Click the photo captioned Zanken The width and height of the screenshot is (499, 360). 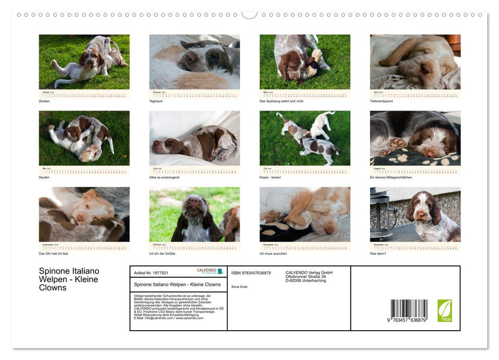(x=84, y=62)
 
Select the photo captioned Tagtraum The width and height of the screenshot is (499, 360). (x=194, y=62)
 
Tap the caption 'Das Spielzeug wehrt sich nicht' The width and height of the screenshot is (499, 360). (x=282, y=101)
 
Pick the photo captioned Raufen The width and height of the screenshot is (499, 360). (x=84, y=138)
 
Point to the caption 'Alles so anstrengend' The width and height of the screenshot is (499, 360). (x=167, y=177)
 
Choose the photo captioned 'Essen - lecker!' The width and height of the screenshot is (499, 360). (x=305, y=138)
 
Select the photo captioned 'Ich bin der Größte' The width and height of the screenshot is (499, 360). (x=194, y=214)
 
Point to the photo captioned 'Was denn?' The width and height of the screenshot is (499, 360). (x=415, y=214)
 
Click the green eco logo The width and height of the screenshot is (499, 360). (x=445, y=311)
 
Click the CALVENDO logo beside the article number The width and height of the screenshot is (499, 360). (x=210, y=271)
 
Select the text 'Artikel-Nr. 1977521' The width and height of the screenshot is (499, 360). (x=151, y=273)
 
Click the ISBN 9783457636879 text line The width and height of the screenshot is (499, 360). (x=251, y=273)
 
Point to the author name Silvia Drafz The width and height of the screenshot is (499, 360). (x=239, y=286)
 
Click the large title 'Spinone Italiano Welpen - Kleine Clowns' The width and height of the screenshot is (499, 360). (x=69, y=279)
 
